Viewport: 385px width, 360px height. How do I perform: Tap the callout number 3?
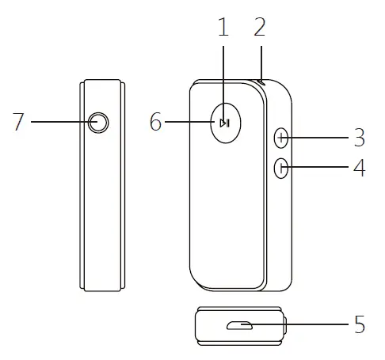[x=359, y=138]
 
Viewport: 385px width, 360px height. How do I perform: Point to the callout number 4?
[x=359, y=169]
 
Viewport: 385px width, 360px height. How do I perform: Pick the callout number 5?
[x=359, y=324]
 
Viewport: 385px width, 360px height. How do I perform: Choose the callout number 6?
[x=155, y=122]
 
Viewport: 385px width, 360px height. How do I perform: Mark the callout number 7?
[x=19, y=122]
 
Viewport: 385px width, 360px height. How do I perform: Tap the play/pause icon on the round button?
[x=225, y=122]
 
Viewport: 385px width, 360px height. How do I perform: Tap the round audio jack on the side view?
[x=98, y=122]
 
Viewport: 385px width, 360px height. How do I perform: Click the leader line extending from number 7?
[x=59, y=122]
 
